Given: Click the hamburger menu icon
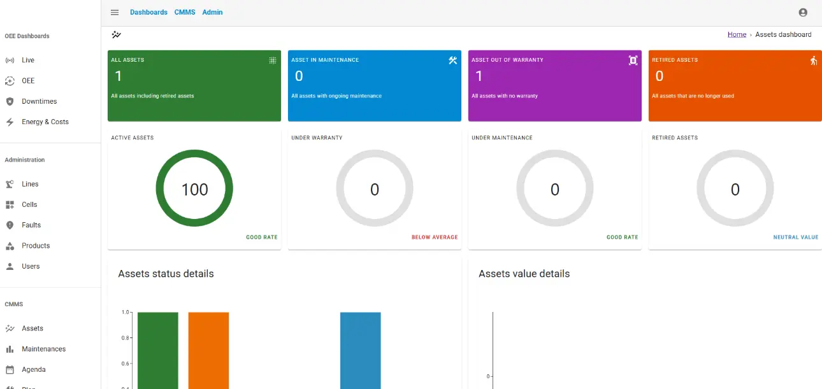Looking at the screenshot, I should click(115, 12).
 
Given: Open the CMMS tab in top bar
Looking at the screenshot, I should click(185, 12).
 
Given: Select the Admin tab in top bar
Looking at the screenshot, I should click(212, 12).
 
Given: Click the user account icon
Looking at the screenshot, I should click(802, 12).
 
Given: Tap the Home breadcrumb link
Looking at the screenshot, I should click(737, 34).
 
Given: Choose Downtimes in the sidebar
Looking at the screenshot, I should click(39, 101).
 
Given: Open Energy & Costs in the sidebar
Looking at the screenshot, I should click(45, 122).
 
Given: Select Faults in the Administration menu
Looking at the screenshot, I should click(31, 225).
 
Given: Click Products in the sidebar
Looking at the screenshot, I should click(35, 246).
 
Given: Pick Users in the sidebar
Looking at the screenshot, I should click(31, 266).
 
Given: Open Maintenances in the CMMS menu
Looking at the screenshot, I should click(43, 349).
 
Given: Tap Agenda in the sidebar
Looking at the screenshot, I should click(33, 369).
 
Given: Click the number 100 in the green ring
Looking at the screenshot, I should click(194, 189).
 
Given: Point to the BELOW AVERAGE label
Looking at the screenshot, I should click(435, 237).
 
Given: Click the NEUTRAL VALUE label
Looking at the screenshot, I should click(795, 237).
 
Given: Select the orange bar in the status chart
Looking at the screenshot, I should click(208, 350).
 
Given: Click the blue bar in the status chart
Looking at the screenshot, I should click(360, 350).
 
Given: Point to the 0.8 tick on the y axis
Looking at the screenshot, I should click(126, 338).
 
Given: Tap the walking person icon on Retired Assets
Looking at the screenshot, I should click(813, 60).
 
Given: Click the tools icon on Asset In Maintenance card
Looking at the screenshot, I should click(452, 60).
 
